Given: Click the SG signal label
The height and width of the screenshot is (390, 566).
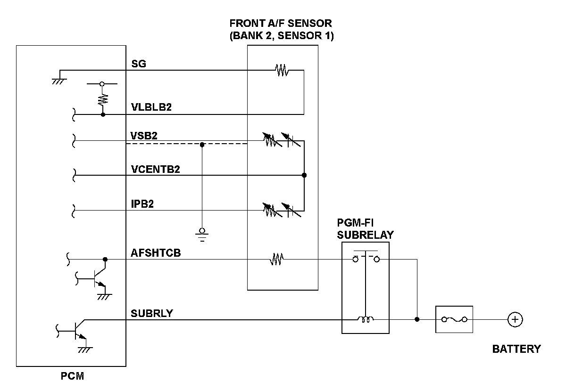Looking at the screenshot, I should [x=139, y=64].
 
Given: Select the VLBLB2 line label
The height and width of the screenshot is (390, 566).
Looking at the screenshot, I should [x=151, y=107].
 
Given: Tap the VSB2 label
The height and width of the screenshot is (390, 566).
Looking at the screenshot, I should [x=144, y=135].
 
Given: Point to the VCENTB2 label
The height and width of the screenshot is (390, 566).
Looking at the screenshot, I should [x=155, y=169].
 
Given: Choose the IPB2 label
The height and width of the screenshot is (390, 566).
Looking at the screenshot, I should [x=142, y=204].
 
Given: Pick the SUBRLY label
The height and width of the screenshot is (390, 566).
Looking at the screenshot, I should [x=152, y=313].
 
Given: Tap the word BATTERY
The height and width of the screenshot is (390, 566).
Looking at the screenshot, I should [x=516, y=349].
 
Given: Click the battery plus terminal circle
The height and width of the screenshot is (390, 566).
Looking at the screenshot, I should [x=515, y=320].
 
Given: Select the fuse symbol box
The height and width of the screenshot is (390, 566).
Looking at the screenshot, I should [x=454, y=320].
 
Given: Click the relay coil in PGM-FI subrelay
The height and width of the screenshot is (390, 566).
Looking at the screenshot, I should [x=365, y=320].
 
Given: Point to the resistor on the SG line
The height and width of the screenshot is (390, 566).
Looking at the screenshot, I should [x=282, y=71].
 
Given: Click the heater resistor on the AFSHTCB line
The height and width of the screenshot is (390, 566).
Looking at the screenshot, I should [x=276, y=259].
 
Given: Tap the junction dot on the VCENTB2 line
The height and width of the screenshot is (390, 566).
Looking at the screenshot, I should [x=304, y=175].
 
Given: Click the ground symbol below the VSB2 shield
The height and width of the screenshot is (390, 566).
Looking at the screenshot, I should [x=202, y=234].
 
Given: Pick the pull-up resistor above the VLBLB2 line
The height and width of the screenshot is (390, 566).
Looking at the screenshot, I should [x=102, y=99].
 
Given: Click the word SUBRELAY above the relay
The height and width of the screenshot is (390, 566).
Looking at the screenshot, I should [x=366, y=235].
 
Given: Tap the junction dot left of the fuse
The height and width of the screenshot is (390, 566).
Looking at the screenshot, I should [x=417, y=319].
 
